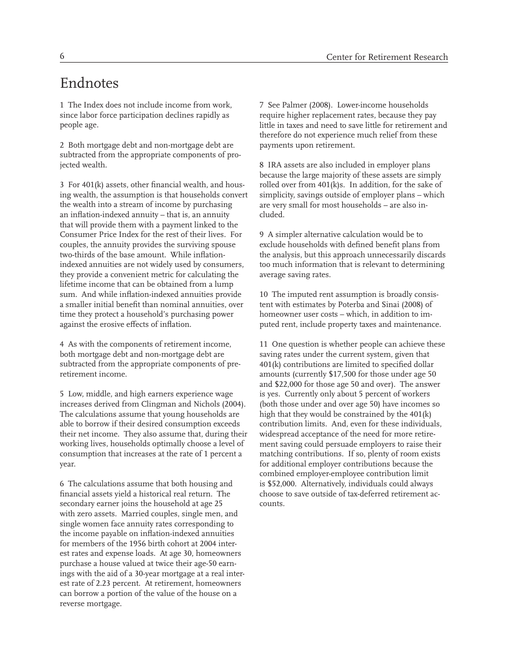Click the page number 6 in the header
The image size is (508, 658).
pyautogui.click(x=62, y=56)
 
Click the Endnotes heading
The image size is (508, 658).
pyautogui.click(x=89, y=83)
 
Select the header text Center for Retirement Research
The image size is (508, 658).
pyautogui.click(x=387, y=57)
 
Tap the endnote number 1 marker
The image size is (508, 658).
pyautogui.click(x=61, y=105)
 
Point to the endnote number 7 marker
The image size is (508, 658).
pyautogui.click(x=261, y=105)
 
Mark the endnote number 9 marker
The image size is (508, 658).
pyautogui.click(x=261, y=235)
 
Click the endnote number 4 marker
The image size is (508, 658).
pyautogui.click(x=61, y=345)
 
